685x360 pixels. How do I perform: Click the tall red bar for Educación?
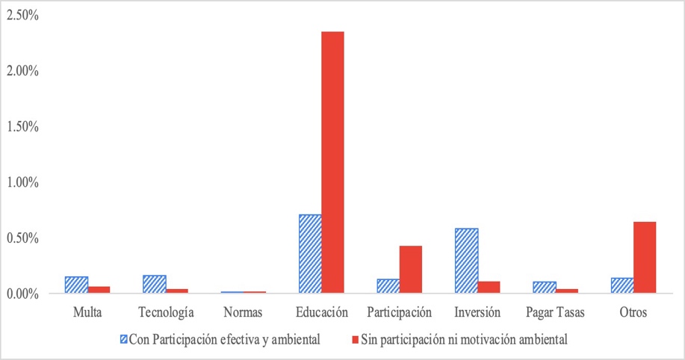332,162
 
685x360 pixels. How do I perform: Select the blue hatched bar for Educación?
310,254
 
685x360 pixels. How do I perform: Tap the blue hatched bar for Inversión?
467,261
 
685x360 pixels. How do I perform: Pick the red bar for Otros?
645,258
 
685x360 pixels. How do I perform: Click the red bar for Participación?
411,270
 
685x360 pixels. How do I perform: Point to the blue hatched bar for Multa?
76,285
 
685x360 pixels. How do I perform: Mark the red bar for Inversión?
489,288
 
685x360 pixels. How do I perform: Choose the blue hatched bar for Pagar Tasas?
545,288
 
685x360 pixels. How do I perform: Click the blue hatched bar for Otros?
622,286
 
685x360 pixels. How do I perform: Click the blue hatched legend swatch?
123,340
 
